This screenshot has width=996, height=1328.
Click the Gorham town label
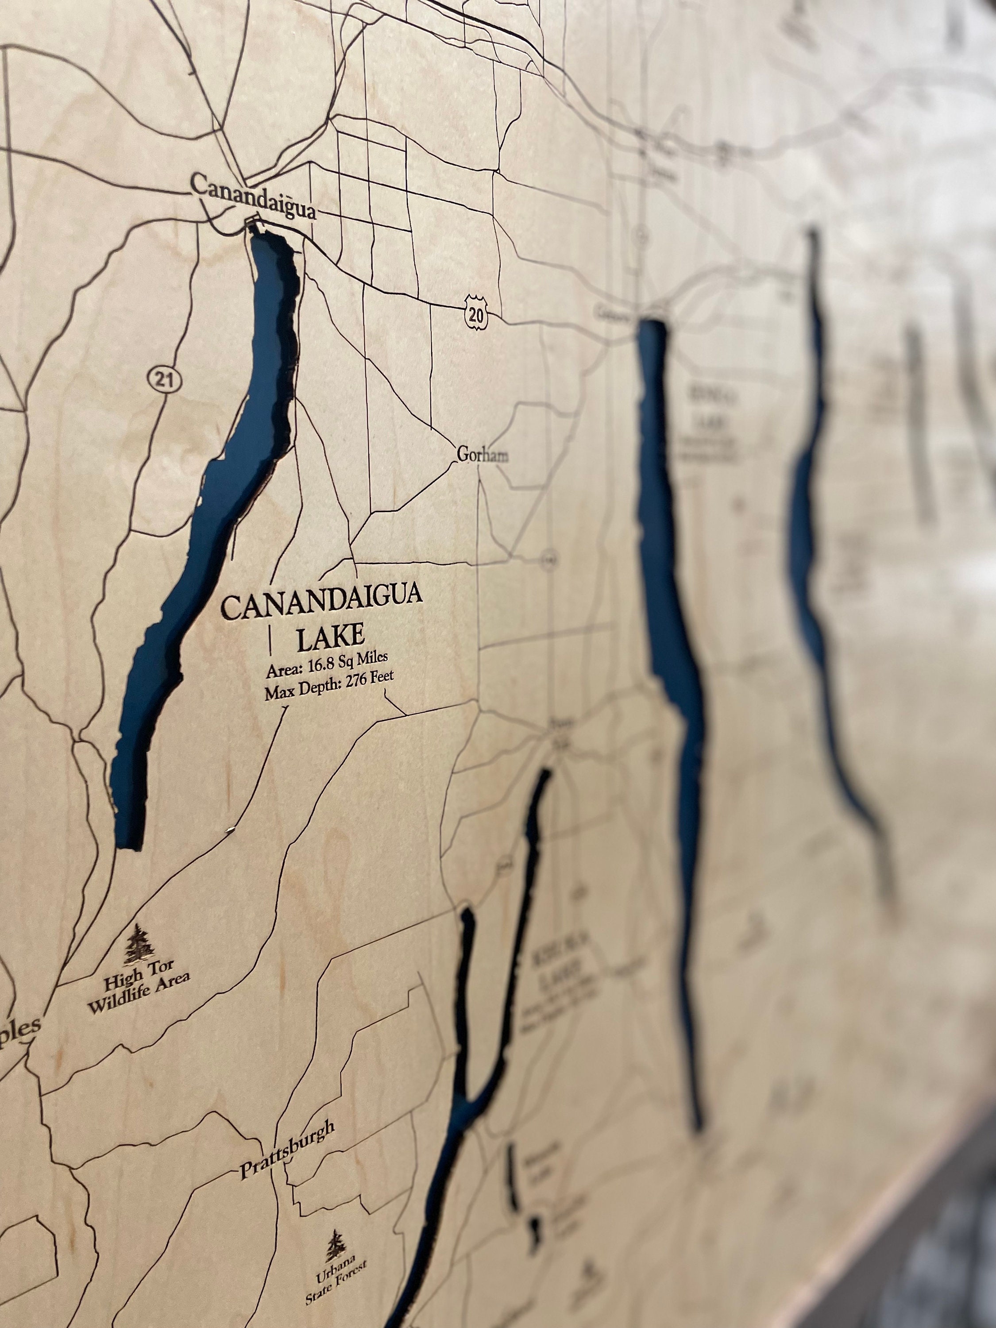click(x=482, y=455)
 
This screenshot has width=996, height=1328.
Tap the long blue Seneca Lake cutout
click(x=672, y=600)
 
